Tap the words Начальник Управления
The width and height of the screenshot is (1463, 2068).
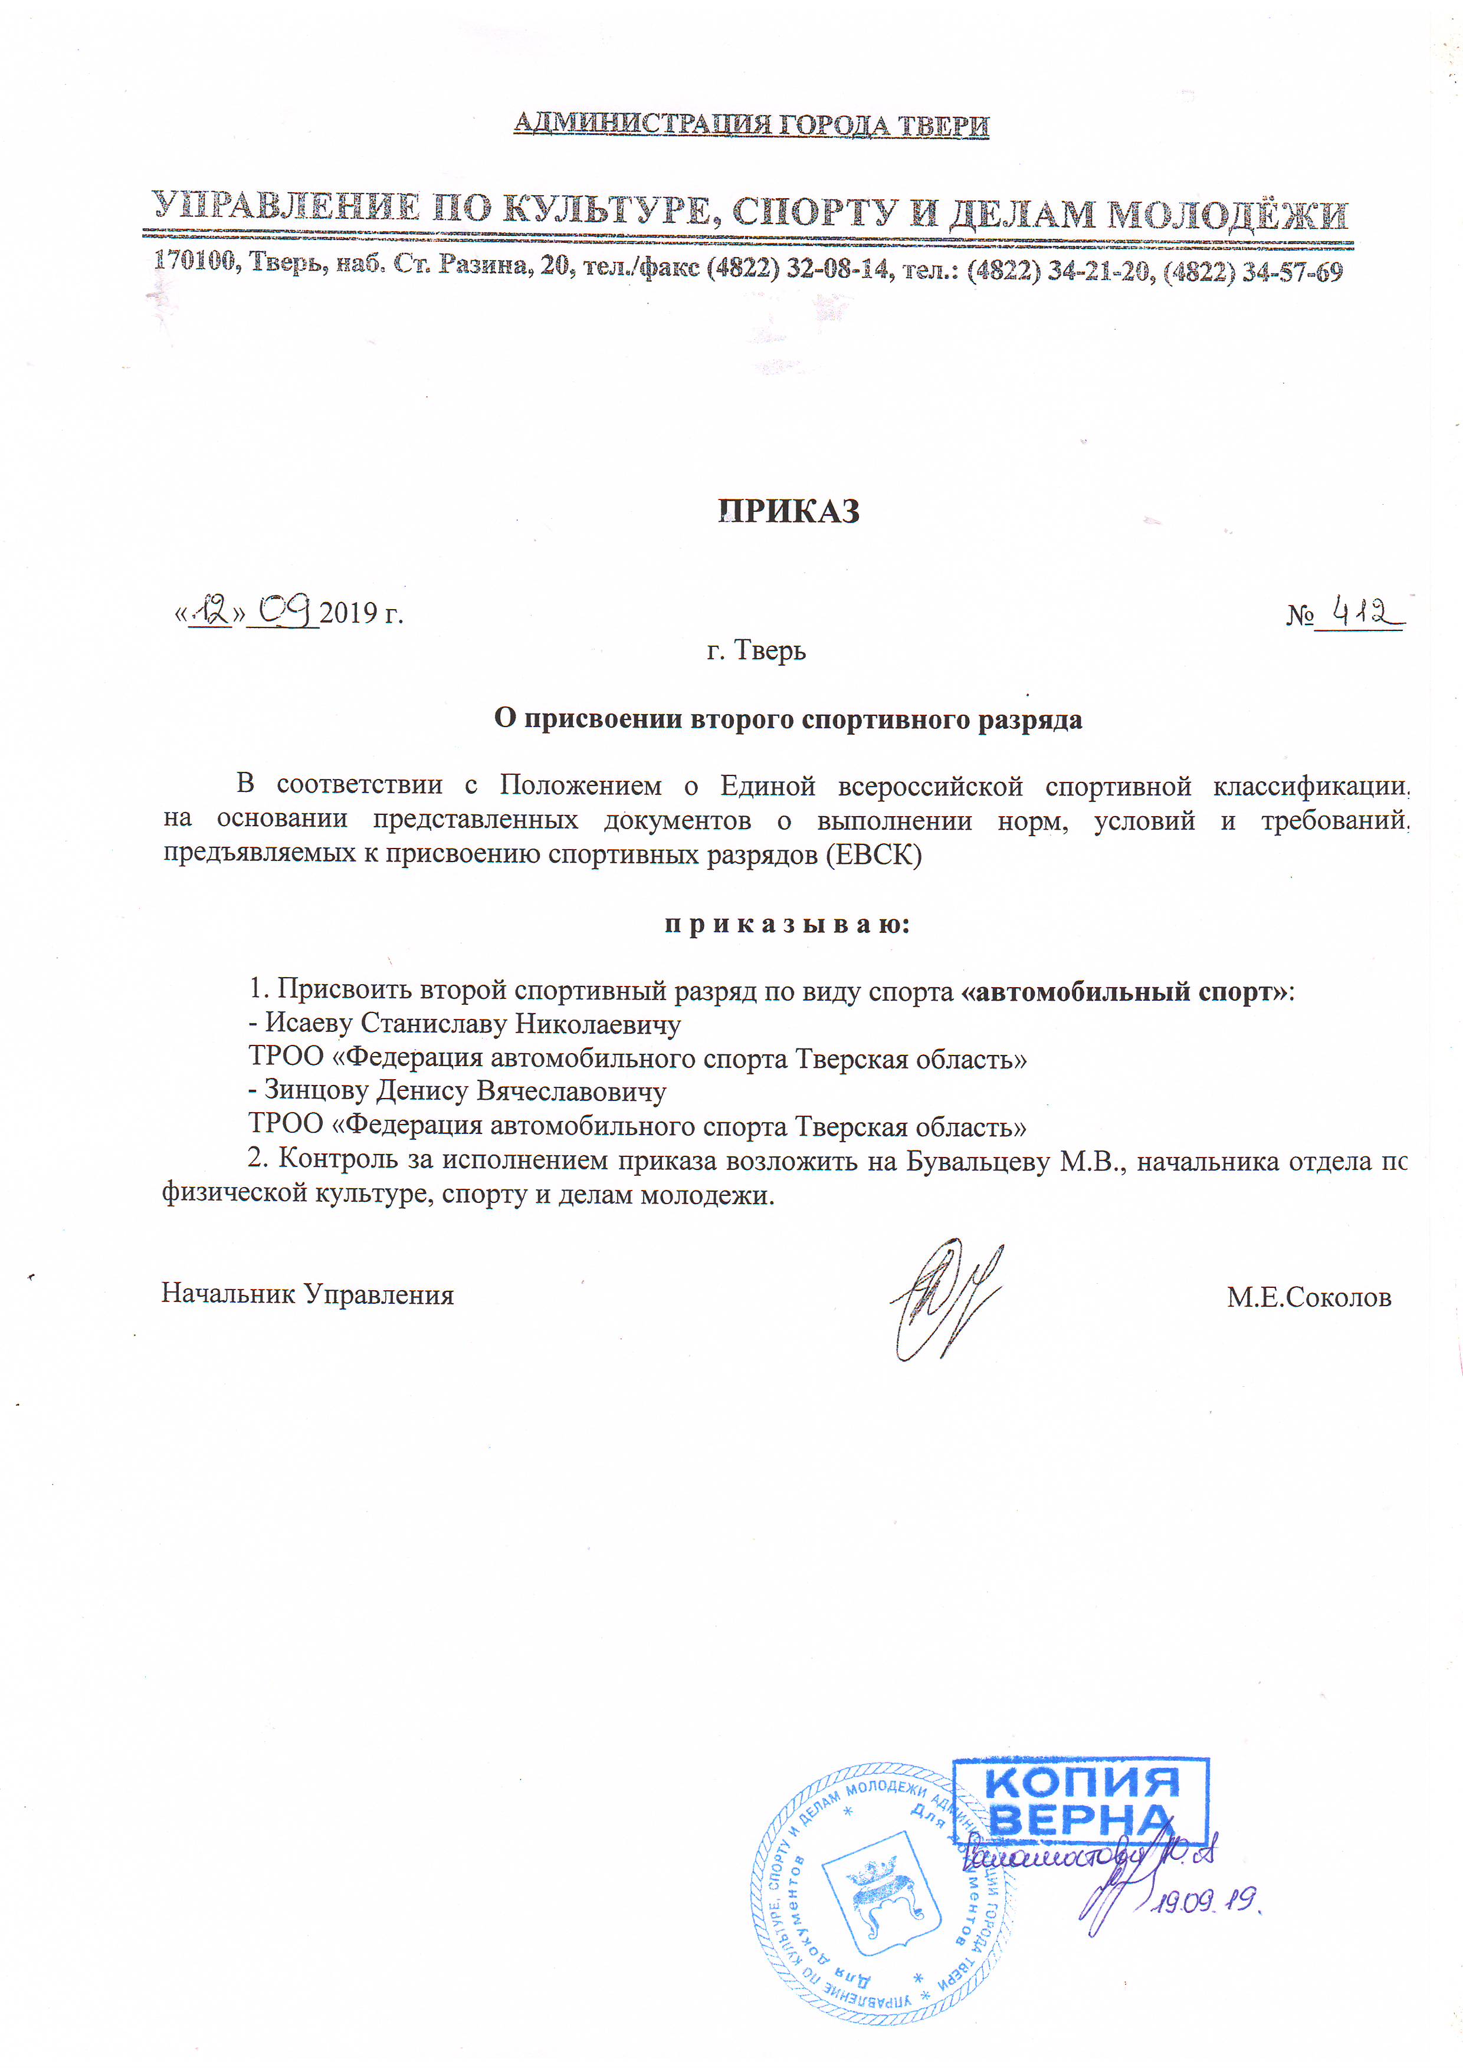pyautogui.click(x=307, y=1294)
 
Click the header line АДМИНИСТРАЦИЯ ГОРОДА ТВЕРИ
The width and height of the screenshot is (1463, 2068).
pyautogui.click(x=752, y=124)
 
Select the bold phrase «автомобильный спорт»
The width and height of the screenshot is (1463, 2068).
pyautogui.click(x=1124, y=992)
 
